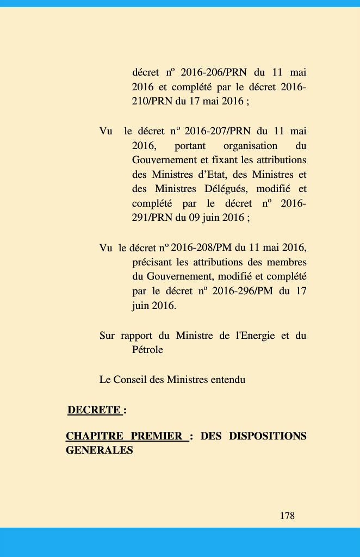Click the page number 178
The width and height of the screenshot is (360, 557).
pyautogui.click(x=287, y=516)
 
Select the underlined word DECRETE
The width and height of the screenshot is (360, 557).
pyautogui.click(x=94, y=410)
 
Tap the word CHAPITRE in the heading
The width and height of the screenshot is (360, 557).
pyautogui.click(x=95, y=436)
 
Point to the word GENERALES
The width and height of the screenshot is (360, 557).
pyautogui.click(x=99, y=450)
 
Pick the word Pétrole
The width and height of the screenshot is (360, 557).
pyautogui.click(x=147, y=350)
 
